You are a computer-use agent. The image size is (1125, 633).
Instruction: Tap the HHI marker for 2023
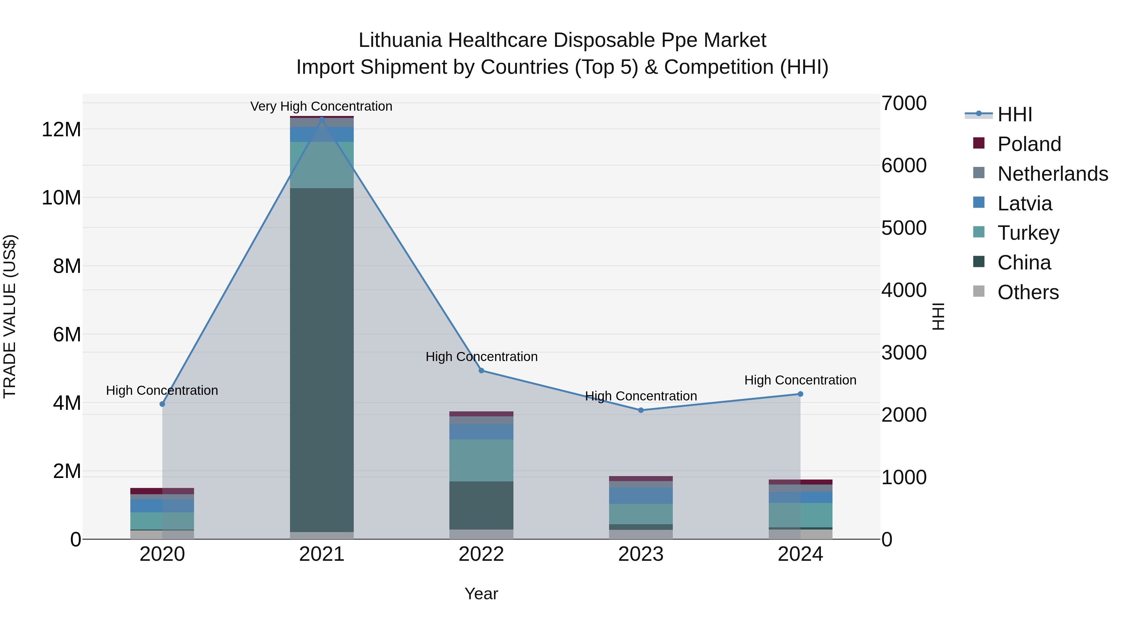tap(641, 410)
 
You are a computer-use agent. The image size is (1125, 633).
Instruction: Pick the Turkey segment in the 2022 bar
tap(481, 460)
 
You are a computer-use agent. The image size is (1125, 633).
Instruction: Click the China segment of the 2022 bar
tap(481, 505)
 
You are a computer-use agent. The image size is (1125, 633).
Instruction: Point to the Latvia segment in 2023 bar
tap(641, 496)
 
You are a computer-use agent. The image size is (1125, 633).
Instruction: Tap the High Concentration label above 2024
tap(800, 380)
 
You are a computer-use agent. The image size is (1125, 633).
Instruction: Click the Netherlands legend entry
tap(1052, 174)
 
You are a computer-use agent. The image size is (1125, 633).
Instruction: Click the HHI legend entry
tap(1014, 114)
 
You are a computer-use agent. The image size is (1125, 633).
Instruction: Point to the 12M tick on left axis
tap(61, 130)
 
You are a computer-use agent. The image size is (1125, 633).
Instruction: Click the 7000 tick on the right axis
tap(903, 103)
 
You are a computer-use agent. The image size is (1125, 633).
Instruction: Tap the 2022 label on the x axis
tap(481, 554)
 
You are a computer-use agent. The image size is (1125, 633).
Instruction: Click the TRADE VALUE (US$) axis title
tap(10, 316)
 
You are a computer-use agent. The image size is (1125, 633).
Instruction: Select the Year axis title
tap(481, 594)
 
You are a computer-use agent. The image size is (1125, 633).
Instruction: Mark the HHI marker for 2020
tap(162, 404)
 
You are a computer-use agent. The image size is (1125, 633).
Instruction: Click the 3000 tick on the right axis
tap(903, 353)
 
